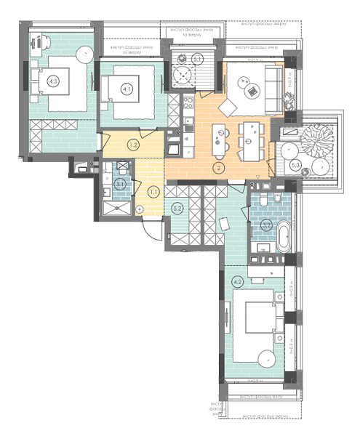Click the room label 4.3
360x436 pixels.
click(x=53, y=81)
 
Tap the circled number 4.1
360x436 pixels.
click(x=127, y=89)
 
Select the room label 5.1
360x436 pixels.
click(x=197, y=60)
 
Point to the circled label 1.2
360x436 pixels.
click(x=133, y=145)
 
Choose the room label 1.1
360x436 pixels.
click(x=153, y=192)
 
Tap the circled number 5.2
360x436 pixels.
click(x=177, y=208)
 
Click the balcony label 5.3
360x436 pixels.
click(x=295, y=165)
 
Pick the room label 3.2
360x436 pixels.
click(x=267, y=225)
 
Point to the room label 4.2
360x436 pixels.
click(x=237, y=280)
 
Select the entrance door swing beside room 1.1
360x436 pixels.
click(x=150, y=231)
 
